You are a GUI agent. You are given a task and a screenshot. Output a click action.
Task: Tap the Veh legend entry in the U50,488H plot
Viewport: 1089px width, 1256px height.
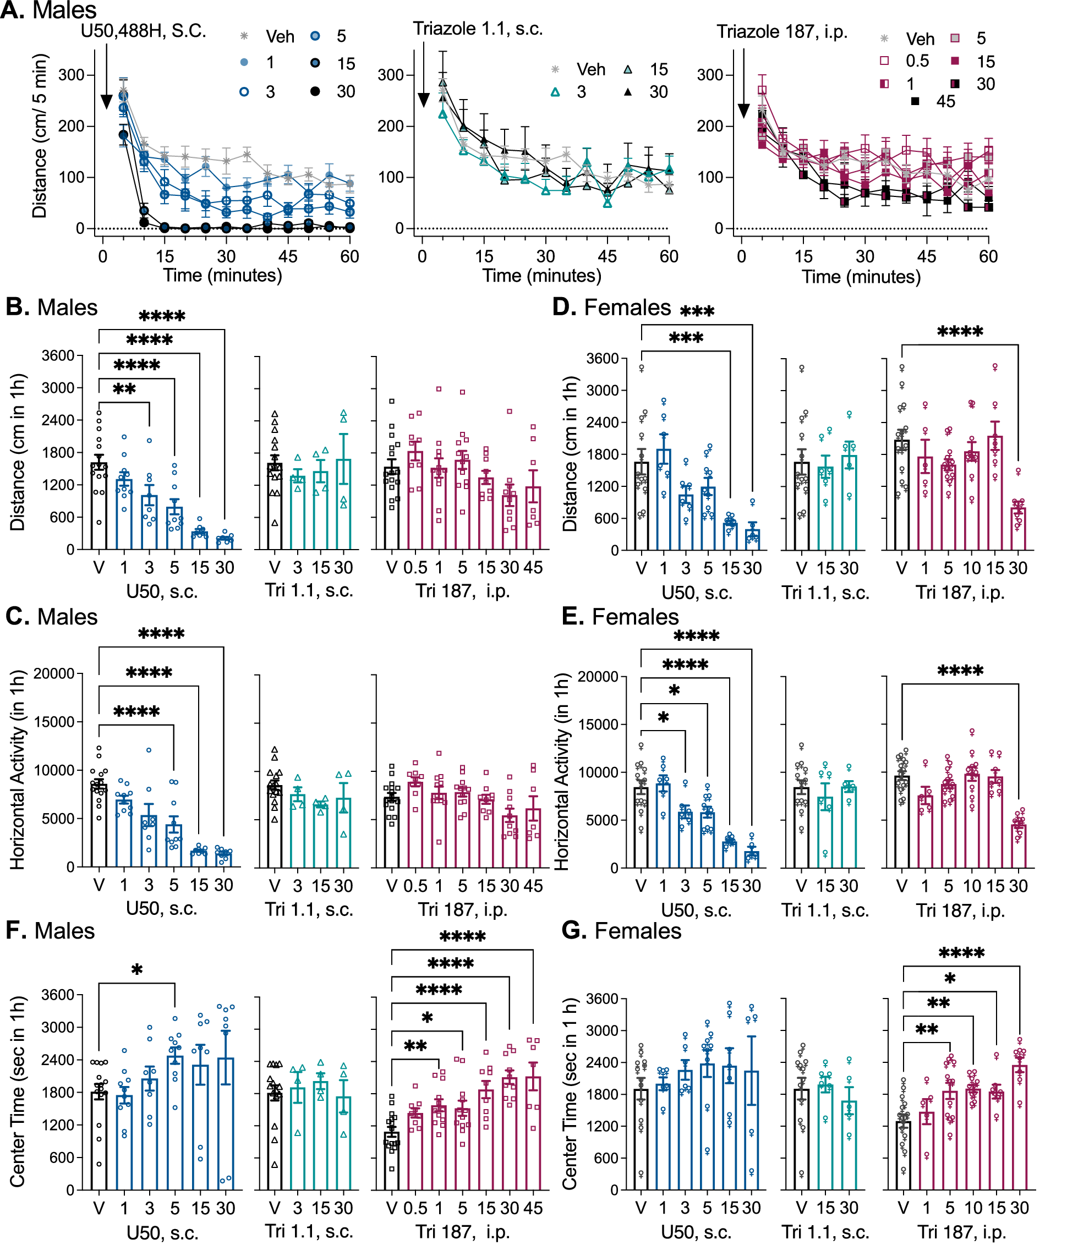click(x=267, y=36)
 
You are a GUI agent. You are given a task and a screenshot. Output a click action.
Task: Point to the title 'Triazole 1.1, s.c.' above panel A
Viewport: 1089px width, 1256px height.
click(x=478, y=29)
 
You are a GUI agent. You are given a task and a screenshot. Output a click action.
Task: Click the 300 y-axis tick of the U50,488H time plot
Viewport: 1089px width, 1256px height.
click(x=71, y=75)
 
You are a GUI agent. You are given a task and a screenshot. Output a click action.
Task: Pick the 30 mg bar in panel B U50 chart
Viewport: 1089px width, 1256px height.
click(x=225, y=542)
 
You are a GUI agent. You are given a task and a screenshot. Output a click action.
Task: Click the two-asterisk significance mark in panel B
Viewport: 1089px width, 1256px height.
click(x=124, y=390)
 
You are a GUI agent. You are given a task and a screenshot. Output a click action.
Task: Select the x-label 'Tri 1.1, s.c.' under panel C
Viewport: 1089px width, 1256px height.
click(x=309, y=909)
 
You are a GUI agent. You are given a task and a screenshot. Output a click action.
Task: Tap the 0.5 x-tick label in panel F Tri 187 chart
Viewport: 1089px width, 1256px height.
click(x=415, y=1208)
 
